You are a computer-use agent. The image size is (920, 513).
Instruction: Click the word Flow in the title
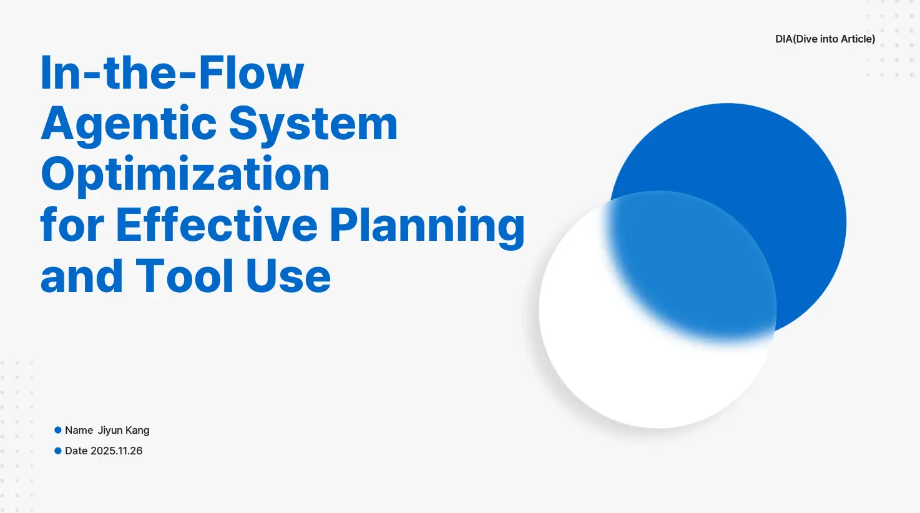251,72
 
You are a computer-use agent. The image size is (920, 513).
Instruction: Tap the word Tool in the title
184,275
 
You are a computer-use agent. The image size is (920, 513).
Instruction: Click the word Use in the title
288,275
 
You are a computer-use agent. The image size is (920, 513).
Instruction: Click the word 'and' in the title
82,275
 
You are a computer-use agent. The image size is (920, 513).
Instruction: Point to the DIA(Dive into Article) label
825,39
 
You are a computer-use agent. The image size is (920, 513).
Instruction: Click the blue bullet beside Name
58,430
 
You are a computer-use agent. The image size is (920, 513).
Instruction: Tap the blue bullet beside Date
58,451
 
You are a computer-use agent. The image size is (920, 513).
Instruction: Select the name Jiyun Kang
124,431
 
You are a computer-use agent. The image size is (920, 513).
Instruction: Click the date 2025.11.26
116,451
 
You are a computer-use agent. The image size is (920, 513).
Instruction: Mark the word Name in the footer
79,430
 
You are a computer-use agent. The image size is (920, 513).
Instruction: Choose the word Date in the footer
76,451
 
